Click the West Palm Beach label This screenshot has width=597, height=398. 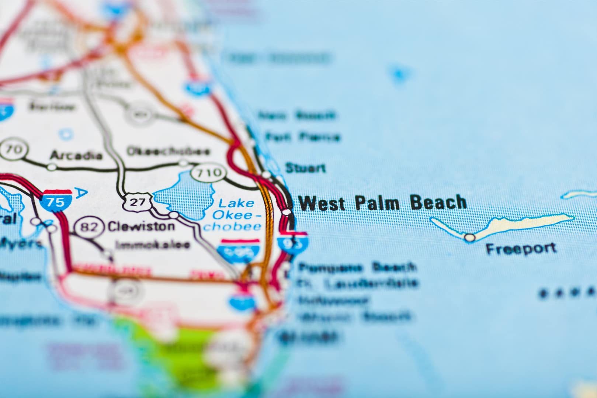[x=382, y=203]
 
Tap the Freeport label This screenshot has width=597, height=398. [x=521, y=249]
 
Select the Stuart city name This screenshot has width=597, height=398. [x=305, y=168]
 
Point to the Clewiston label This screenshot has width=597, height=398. [x=141, y=226]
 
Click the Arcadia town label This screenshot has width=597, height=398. [x=76, y=155]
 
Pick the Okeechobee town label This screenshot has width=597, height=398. [x=168, y=151]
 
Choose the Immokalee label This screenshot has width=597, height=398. [x=152, y=245]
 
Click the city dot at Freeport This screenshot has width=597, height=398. [x=469, y=237]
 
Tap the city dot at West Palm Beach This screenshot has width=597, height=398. [x=287, y=212]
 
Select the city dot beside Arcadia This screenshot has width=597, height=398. [x=52, y=167]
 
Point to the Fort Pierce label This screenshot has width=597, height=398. [x=302, y=137]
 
